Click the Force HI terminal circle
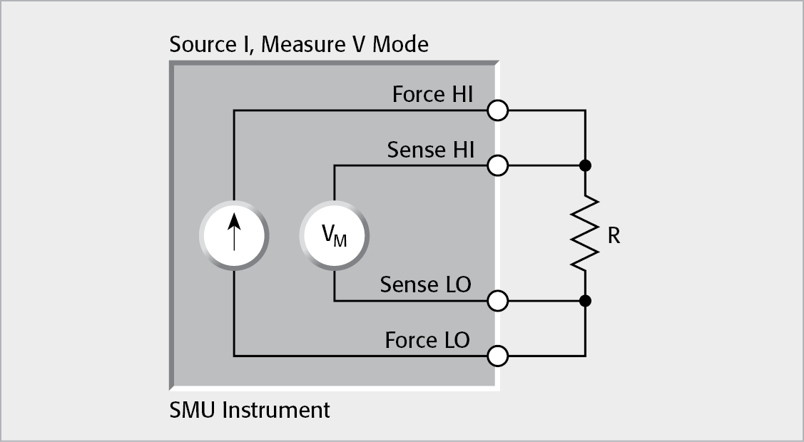point(498,111)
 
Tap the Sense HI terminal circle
point(498,166)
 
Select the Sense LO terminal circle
point(498,301)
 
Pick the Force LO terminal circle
point(498,355)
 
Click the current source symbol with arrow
point(234,233)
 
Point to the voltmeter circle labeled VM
point(334,233)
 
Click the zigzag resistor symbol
point(585,233)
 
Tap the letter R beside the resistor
point(614,236)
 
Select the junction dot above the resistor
point(585,166)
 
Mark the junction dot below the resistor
point(585,301)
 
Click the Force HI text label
point(432,95)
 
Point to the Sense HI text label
point(430,150)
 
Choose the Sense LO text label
point(425,284)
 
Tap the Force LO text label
point(427,340)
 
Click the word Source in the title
point(203,45)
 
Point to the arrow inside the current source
point(234,233)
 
